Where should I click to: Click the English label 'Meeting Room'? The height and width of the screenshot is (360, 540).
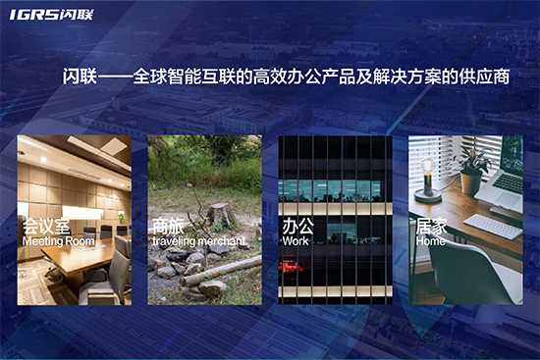(x=58, y=240)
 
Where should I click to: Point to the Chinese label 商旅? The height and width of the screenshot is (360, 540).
(x=168, y=225)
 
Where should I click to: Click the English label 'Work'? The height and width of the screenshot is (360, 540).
(x=295, y=240)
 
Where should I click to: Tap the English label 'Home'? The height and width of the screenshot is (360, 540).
(x=430, y=240)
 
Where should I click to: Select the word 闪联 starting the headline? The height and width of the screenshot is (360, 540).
(x=79, y=77)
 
